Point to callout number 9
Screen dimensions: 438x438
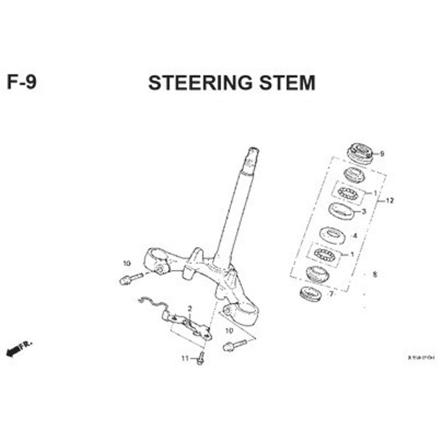(x=382, y=153)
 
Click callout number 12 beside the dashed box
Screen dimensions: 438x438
(x=390, y=201)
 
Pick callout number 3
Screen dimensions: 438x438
(x=363, y=212)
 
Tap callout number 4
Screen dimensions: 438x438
(x=355, y=236)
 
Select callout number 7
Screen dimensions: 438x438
(x=331, y=294)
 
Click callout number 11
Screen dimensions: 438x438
(x=185, y=358)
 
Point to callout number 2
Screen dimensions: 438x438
(x=189, y=309)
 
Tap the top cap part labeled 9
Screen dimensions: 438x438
(x=360, y=153)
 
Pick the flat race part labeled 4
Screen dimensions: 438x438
(x=332, y=234)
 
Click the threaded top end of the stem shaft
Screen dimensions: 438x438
(x=252, y=157)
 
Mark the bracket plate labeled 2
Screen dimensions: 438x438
(x=188, y=326)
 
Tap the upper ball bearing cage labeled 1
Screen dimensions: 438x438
(x=347, y=193)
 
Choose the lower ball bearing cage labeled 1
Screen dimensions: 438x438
(x=325, y=254)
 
